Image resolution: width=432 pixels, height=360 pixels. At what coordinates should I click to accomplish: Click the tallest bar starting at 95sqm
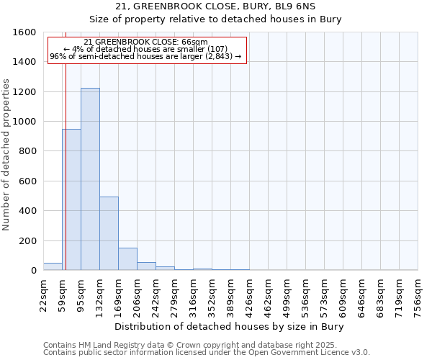(x=90, y=179)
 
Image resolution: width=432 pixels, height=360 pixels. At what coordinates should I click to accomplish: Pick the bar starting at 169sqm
(x=127, y=259)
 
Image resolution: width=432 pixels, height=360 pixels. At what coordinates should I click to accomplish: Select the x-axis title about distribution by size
(x=230, y=327)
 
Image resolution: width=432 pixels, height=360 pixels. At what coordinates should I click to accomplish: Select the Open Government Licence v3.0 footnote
(x=207, y=353)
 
